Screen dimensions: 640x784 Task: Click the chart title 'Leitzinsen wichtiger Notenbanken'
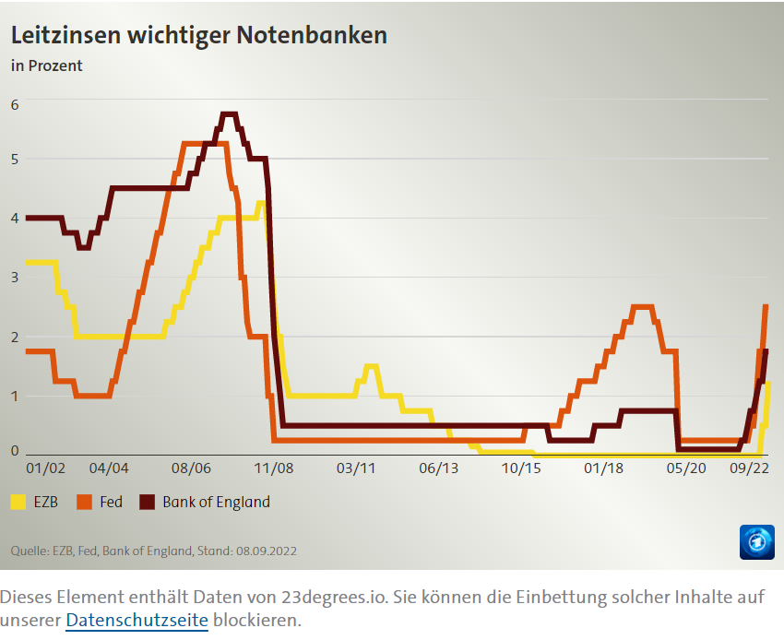tap(198, 35)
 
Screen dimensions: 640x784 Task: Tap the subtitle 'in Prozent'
tap(46, 65)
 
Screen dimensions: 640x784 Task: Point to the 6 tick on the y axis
tap(15, 104)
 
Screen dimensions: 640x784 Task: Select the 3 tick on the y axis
tap(15, 277)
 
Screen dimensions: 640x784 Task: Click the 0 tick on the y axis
tap(15, 450)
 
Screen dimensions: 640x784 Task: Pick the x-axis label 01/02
tap(45, 468)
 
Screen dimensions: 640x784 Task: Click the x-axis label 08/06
tap(193, 468)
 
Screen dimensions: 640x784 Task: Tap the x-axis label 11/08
tap(274, 468)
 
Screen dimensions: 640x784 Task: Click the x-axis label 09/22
tap(749, 468)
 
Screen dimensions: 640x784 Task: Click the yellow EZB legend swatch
tap(18, 503)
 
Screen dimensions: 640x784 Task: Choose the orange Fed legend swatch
tap(85, 503)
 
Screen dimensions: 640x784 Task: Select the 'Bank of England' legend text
tap(216, 503)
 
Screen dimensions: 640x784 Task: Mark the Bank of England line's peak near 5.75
tap(229, 114)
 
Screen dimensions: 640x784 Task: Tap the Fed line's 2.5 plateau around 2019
tap(642, 306)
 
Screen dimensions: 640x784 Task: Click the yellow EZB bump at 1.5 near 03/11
tap(372, 366)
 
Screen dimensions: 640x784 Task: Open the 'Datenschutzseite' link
tap(137, 621)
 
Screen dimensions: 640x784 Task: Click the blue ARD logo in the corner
tap(756, 541)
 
